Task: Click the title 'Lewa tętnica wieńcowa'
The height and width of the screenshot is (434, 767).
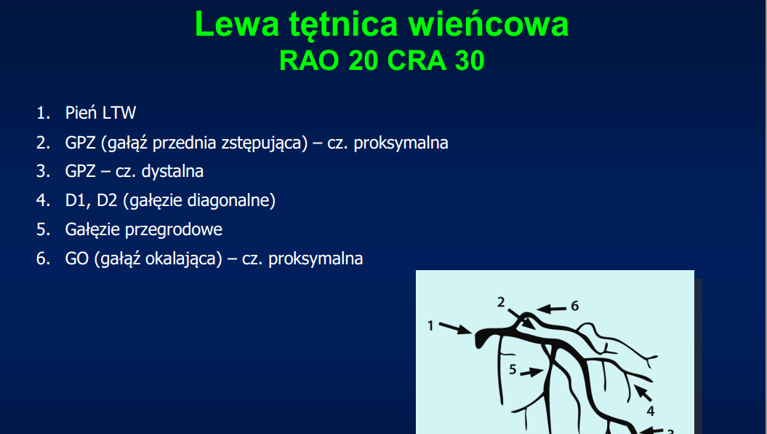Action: click(382, 25)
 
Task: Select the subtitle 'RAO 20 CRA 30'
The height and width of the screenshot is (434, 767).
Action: click(382, 60)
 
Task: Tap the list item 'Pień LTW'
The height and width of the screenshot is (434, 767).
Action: click(100, 113)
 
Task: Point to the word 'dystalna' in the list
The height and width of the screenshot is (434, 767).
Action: click(172, 171)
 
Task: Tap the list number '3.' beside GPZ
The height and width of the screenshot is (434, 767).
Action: click(43, 171)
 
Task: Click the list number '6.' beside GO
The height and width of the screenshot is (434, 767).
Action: click(43, 259)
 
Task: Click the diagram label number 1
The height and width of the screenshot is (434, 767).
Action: click(430, 325)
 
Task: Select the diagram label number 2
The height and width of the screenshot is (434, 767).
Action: click(501, 302)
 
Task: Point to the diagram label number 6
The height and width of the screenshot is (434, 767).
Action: click(575, 306)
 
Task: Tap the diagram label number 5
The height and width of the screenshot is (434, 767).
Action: click(513, 369)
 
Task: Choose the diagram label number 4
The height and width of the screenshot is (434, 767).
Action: click(651, 411)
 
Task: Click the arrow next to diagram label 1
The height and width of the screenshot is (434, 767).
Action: click(455, 328)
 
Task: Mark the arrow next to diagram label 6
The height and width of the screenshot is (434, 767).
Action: click(551, 309)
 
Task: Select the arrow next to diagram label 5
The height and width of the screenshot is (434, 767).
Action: click(531, 372)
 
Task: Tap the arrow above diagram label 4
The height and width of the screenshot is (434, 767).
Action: click(643, 393)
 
